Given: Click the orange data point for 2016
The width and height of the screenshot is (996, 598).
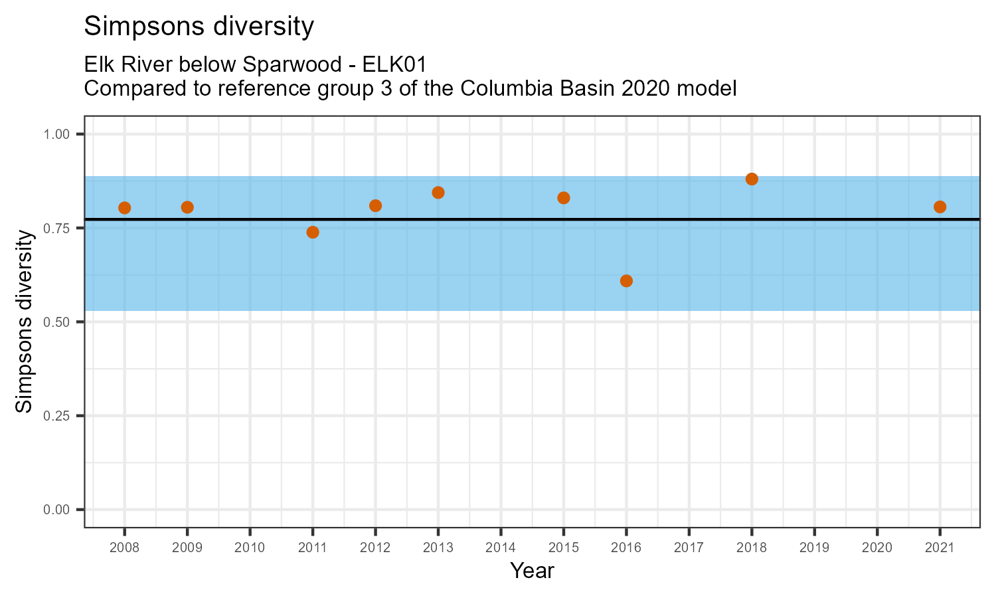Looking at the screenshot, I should pyautogui.click(x=626, y=281).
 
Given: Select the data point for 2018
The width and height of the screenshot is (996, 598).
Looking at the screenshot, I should pyautogui.click(x=752, y=179).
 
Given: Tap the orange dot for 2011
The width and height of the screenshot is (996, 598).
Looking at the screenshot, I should pyautogui.click(x=313, y=232).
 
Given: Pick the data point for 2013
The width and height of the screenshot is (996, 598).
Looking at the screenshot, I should pyautogui.click(x=438, y=193).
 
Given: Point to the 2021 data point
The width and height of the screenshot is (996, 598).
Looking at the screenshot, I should pyautogui.click(x=940, y=207).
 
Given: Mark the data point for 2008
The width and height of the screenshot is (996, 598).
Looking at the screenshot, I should pyautogui.click(x=124, y=208).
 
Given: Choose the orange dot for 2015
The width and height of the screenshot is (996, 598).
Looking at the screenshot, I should pyautogui.click(x=564, y=197).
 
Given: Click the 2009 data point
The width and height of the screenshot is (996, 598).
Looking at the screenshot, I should pyautogui.click(x=187, y=207).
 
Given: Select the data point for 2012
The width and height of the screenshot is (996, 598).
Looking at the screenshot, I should pyautogui.click(x=375, y=205).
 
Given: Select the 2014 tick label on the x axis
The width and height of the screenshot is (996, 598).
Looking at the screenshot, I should pyautogui.click(x=501, y=548).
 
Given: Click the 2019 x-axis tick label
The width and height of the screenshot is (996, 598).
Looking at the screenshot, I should pyautogui.click(x=814, y=548).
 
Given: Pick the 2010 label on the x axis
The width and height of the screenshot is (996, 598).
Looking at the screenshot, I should pyautogui.click(x=250, y=548).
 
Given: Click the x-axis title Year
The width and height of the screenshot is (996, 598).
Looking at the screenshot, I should pyautogui.click(x=532, y=571).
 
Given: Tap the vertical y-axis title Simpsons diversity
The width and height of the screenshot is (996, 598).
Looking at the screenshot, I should pyautogui.click(x=25, y=322).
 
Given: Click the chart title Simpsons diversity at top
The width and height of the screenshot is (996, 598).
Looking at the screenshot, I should pyautogui.click(x=199, y=27).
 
